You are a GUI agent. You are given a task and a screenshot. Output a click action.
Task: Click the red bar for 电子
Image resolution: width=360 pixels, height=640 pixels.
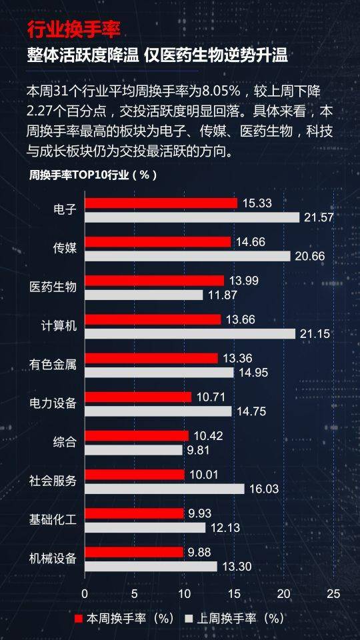pyautogui.click(x=161, y=203)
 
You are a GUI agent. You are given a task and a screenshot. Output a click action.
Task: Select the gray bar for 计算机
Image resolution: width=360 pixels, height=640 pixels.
pyautogui.click(x=190, y=334)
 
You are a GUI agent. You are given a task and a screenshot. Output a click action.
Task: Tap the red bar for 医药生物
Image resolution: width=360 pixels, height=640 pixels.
pyautogui.click(x=155, y=281)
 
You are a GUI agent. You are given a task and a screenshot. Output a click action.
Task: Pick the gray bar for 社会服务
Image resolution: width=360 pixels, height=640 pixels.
pyautogui.click(x=165, y=489)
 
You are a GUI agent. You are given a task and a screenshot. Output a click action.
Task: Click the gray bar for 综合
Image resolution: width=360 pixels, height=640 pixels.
pyautogui.click(x=133, y=450)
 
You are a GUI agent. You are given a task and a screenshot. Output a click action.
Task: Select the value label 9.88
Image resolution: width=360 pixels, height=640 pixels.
pyautogui.click(x=199, y=552)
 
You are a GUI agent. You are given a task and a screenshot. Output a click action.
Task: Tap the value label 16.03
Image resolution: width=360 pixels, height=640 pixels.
pyautogui.click(x=264, y=489)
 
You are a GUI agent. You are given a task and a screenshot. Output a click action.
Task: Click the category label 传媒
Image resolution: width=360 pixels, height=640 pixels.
pyautogui.click(x=65, y=249)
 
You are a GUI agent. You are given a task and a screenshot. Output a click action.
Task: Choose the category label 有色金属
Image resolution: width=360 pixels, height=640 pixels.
pyautogui.click(x=53, y=365)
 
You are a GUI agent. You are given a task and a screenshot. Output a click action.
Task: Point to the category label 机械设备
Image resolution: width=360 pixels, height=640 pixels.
pyautogui.click(x=53, y=559)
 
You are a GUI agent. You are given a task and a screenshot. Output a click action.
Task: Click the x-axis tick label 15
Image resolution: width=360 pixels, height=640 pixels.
pyautogui.click(x=234, y=594)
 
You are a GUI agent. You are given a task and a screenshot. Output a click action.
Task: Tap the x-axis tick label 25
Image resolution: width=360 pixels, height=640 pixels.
pyautogui.click(x=333, y=594)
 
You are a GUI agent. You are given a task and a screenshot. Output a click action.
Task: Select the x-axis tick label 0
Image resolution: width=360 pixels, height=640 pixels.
pyautogui.click(x=85, y=594)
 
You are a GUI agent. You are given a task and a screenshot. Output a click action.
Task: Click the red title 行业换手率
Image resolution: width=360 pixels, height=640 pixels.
pyautogui.click(x=74, y=31)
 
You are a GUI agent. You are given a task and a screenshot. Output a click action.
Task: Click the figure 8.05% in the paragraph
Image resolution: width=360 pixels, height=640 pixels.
pyautogui.click(x=222, y=91)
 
